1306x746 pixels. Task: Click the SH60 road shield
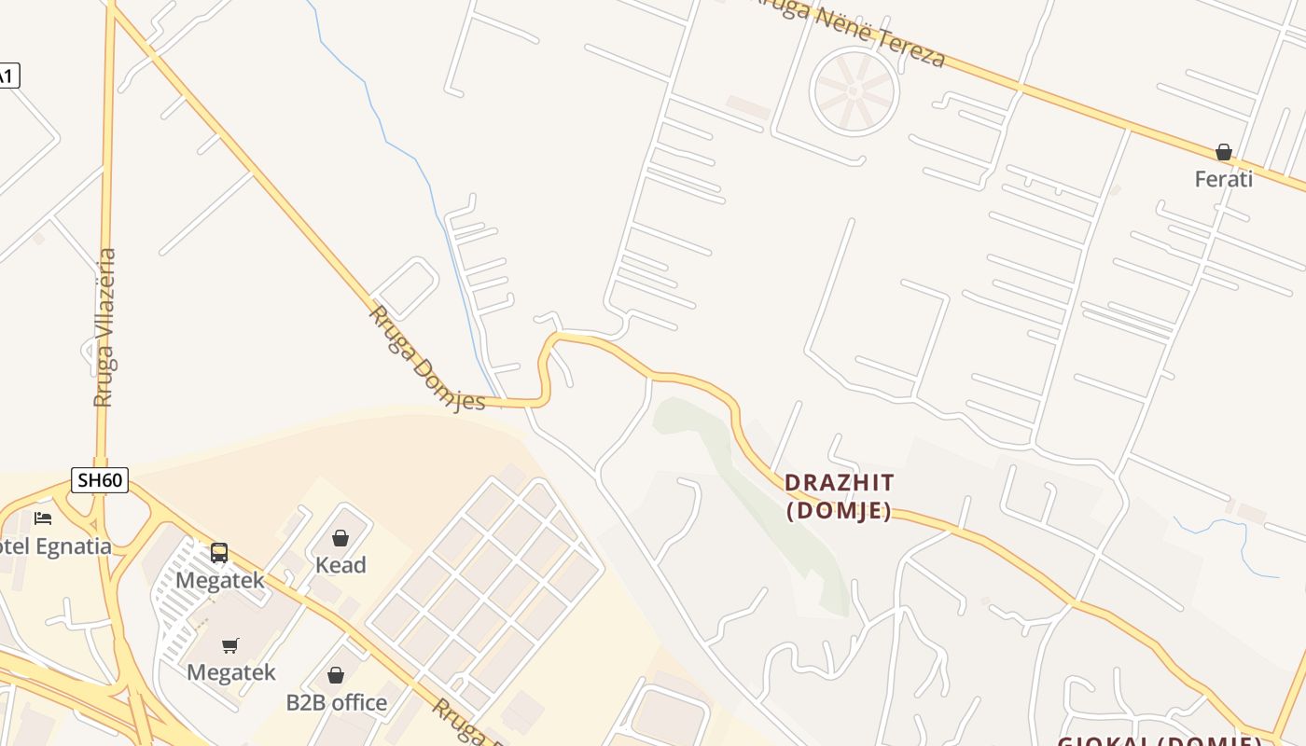coord(100,480)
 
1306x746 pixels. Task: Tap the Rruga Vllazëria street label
coord(105,327)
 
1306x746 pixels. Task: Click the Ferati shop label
coord(1223,178)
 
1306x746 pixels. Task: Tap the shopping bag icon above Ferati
coord(1223,151)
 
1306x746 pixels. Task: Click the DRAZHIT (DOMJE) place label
coord(839,496)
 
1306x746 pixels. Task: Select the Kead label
coord(340,564)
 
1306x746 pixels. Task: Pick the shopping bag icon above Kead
coord(340,538)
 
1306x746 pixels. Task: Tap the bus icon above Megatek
coord(219,552)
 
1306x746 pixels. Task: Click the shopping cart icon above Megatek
coord(230,645)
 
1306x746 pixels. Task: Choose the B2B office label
coord(336,702)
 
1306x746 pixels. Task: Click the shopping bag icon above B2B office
coord(336,675)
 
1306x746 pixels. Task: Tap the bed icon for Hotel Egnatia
coord(43,518)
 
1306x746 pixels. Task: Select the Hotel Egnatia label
coord(54,546)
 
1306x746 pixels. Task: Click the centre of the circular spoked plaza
coord(854,91)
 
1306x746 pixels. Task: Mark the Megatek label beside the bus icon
coord(220,580)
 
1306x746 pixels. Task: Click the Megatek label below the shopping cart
coord(230,672)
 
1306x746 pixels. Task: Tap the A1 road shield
coord(7,76)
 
